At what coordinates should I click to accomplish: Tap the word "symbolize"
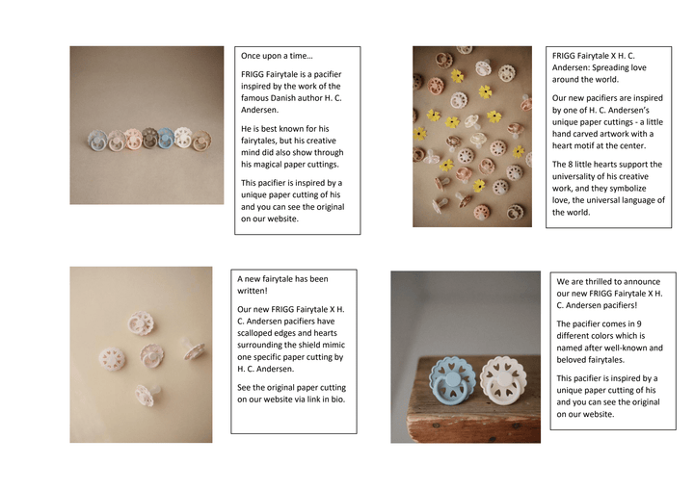tap(628, 189)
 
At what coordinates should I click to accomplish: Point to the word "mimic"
tap(334, 345)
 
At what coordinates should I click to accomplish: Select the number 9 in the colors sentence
tap(639, 324)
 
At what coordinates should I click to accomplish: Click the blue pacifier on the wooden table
tap(452, 380)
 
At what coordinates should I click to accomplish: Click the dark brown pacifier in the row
tap(149, 139)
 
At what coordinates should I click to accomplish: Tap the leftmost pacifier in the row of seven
tap(97, 141)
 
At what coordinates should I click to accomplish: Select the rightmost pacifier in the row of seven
tap(200, 141)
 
